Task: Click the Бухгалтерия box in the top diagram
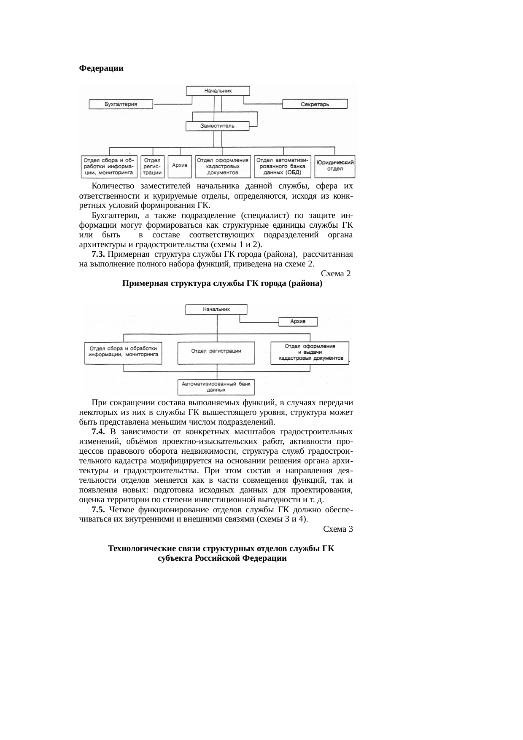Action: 121,104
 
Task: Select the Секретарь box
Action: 315,104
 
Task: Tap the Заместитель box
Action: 218,126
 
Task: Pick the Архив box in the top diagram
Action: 180,166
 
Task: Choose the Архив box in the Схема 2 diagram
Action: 298,322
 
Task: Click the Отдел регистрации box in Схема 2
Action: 216,352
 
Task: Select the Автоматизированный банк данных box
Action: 216,387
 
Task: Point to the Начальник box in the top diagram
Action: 218,91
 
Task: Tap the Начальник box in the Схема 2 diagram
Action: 216,309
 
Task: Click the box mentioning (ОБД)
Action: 282,166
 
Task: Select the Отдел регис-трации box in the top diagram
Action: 152,166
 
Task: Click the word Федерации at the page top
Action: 101,68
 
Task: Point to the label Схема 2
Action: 336,274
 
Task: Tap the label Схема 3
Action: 337,529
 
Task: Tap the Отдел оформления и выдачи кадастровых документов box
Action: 310,352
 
